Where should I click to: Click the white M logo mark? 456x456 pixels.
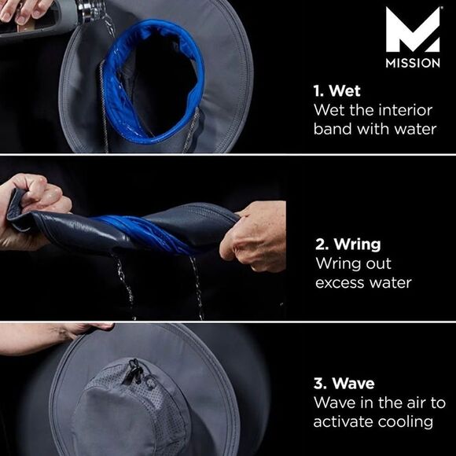click(x=413, y=30)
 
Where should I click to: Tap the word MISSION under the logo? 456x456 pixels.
click(x=413, y=63)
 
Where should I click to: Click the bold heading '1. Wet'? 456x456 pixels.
click(x=336, y=90)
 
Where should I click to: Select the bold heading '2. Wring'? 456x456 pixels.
click(x=348, y=245)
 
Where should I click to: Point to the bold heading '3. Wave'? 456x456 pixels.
click(x=344, y=384)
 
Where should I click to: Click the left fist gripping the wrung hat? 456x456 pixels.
click(x=32, y=209)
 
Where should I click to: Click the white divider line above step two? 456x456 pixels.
click(x=228, y=154)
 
